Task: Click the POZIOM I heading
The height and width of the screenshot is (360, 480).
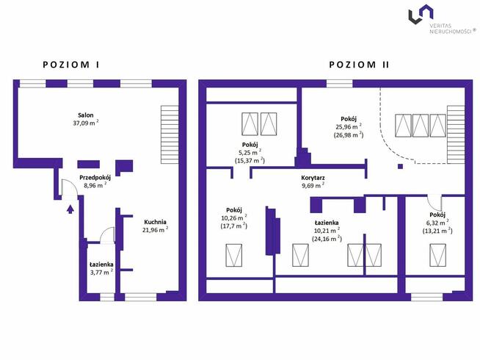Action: point(71,65)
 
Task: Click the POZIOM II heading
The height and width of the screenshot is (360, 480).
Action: point(359,65)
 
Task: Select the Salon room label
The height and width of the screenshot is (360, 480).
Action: point(86,115)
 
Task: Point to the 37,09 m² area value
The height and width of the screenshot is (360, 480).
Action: point(86,123)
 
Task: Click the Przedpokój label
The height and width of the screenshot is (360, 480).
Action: point(95,178)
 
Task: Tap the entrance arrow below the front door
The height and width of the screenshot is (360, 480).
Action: point(70,209)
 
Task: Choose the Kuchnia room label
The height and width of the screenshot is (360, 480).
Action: point(155,222)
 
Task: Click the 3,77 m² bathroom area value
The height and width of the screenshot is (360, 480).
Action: point(101,272)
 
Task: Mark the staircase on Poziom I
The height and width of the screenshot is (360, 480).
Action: point(170,134)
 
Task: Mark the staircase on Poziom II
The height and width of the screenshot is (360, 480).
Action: point(456,134)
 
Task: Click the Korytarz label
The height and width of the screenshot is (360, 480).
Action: point(313,178)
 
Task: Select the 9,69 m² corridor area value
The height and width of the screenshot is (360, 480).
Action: point(313,185)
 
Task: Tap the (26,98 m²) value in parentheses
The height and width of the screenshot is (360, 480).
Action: point(349,134)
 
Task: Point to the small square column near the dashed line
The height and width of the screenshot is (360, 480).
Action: point(400,166)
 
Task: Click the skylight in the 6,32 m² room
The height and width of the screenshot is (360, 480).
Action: point(437,255)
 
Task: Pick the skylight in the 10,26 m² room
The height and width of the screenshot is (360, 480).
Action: point(234,255)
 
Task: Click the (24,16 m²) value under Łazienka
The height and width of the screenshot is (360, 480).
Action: point(327,238)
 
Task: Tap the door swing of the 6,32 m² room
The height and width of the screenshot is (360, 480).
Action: point(434,203)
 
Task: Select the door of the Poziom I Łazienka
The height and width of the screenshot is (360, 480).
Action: point(107,235)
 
